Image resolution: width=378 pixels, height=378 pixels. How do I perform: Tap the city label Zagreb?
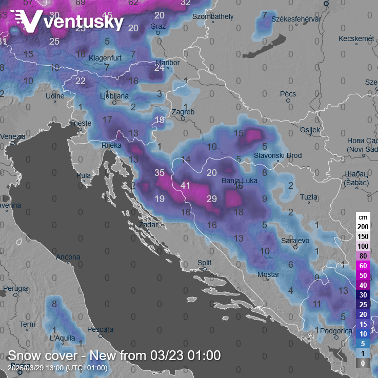point(183,112)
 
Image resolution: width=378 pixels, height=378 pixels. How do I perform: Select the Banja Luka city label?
point(238,181)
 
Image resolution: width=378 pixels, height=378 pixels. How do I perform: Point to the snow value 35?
point(160,173)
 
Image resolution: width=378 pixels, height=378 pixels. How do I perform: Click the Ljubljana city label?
point(114,96)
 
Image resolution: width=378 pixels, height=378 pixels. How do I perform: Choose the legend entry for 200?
point(363,226)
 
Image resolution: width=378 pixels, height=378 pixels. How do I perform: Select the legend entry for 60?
point(363,265)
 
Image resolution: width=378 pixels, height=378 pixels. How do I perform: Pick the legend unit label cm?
point(363,216)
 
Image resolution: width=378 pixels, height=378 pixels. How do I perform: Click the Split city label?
point(204,263)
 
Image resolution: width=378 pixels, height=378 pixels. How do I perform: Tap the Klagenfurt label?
point(105,58)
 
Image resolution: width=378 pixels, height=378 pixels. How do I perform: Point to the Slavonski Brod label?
point(278,155)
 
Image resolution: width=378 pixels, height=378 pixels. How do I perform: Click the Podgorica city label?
point(336,331)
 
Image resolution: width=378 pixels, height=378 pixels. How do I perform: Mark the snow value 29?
point(212,198)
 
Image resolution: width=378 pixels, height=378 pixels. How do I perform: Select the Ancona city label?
point(68,257)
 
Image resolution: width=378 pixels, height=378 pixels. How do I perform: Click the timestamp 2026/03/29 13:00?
point(57,368)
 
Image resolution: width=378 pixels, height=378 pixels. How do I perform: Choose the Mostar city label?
point(268,275)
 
